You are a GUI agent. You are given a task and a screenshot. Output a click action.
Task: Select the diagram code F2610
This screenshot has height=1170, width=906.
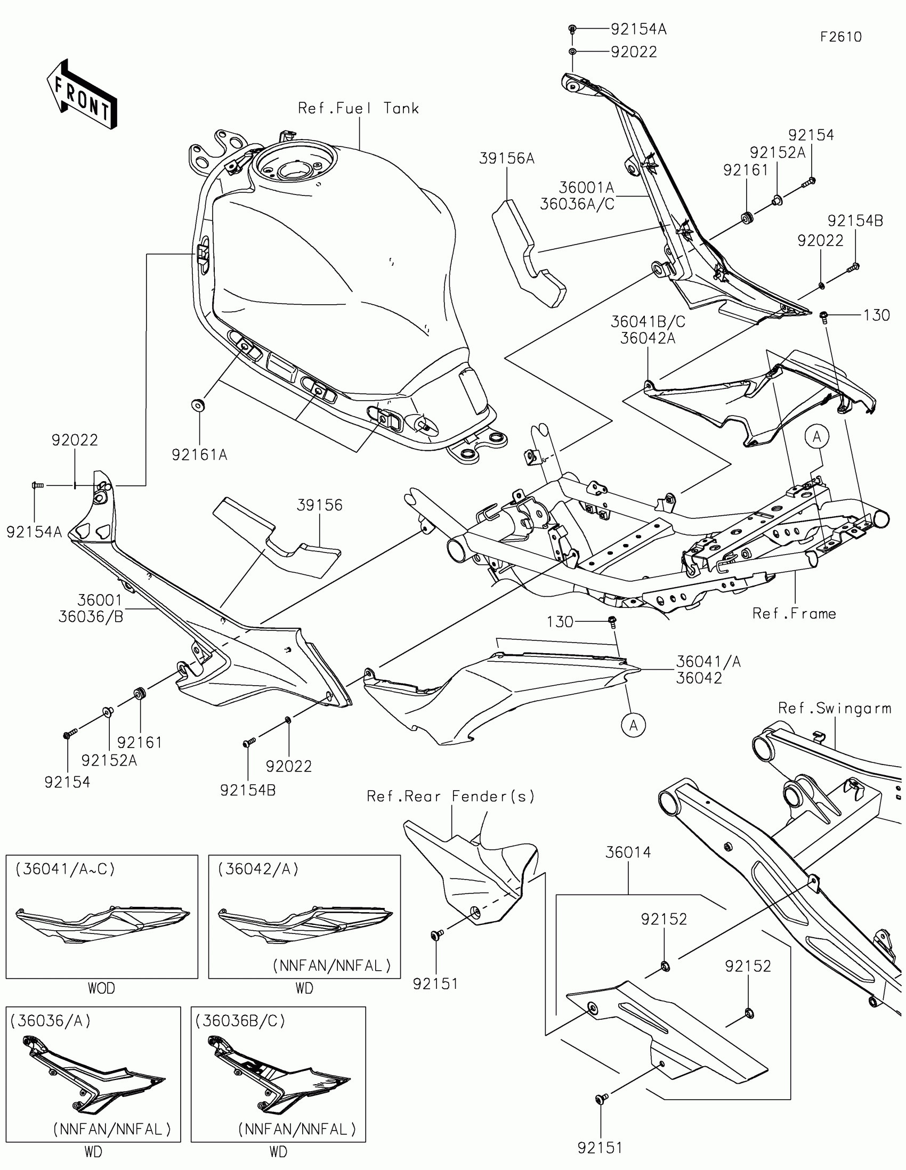[840, 37]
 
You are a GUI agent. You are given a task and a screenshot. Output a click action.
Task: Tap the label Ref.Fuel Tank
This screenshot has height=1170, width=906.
[358, 109]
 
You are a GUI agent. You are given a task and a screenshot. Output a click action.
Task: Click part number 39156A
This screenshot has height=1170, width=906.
[506, 159]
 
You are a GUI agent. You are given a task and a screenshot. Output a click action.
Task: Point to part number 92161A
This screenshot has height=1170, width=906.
[199, 455]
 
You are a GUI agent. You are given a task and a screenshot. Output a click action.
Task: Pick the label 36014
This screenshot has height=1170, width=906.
[628, 852]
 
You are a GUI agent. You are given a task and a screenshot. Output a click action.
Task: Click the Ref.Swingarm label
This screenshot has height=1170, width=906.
[834, 708]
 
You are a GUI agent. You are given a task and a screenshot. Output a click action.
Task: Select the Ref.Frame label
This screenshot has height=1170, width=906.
[794, 613]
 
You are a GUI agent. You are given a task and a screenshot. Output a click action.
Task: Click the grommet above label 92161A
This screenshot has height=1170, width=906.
[199, 405]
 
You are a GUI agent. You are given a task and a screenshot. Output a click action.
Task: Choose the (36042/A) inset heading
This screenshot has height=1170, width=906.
[258, 869]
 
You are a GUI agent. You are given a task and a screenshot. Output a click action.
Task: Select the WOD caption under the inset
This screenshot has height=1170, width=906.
[101, 988]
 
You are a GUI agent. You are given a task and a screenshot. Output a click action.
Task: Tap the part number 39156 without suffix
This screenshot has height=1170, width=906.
[320, 505]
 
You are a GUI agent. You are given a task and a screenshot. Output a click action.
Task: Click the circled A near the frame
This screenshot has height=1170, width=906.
[816, 437]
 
